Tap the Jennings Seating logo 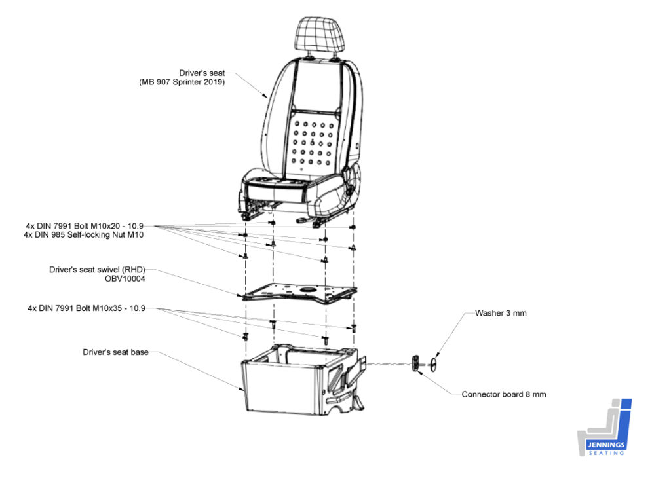605,428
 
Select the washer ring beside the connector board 434,365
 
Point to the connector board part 415,364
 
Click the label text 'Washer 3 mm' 501,313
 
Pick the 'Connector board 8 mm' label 504,394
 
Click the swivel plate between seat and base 299,293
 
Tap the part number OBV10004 125,279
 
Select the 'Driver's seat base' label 115,352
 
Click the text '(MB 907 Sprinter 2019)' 182,82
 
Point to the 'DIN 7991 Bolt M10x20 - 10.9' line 90,226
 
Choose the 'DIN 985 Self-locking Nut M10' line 89,234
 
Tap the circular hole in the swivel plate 307,290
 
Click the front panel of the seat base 282,387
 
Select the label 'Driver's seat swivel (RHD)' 97,270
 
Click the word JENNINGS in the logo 606,445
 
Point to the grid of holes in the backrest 313,143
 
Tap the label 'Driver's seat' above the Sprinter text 202,73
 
